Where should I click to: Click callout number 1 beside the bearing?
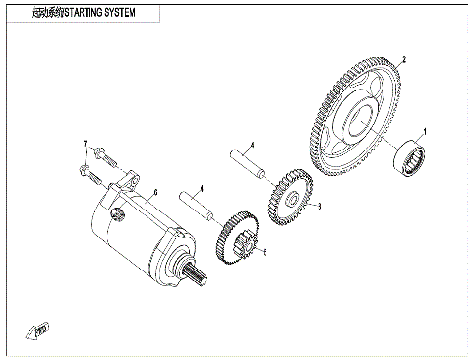click(426, 129)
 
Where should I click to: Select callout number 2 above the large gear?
click(403, 59)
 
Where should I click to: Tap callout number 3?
click(318, 207)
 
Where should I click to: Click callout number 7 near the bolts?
click(86, 145)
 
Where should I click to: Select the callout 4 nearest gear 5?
click(201, 188)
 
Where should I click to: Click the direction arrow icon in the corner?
click(40, 329)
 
